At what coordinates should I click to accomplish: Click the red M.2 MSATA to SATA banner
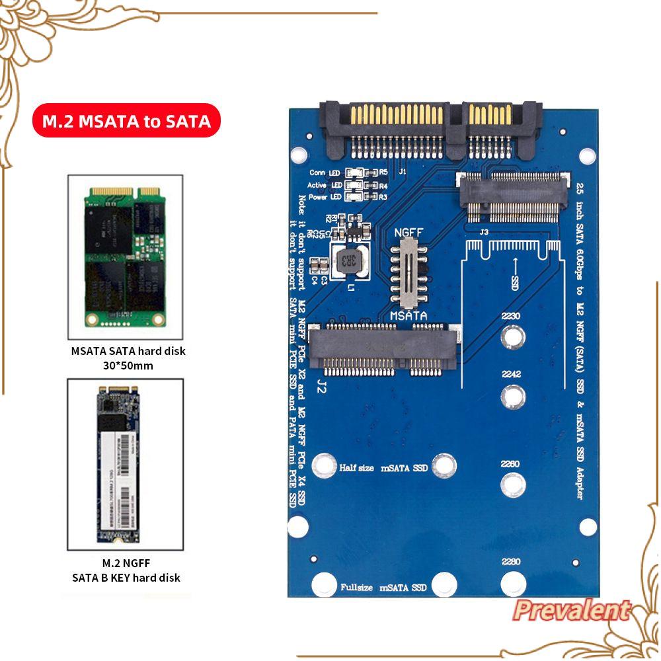coord(126,122)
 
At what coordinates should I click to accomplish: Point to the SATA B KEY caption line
coord(126,577)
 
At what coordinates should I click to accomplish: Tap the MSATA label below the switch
coord(408,317)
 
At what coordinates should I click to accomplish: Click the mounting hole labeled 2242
coord(512,397)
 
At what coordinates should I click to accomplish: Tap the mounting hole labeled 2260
coord(512,485)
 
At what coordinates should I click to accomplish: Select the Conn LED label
coord(325,173)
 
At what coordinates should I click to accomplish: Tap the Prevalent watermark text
coord(571,610)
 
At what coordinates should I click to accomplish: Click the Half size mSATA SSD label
coord(383,468)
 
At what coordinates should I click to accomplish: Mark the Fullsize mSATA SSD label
coord(383,586)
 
